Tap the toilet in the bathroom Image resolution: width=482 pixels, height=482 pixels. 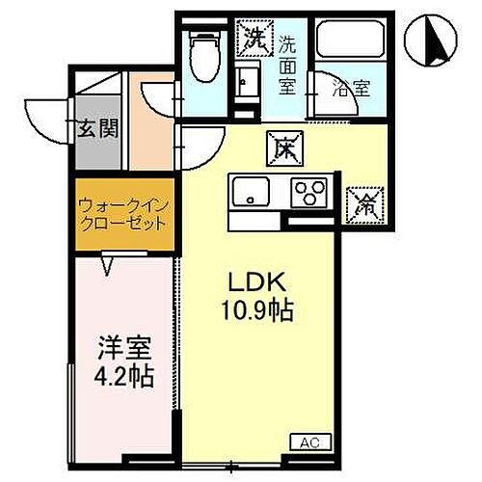[x=205, y=55]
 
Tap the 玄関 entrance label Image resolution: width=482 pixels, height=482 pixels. [x=92, y=126]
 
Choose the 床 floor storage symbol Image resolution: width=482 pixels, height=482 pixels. [x=285, y=147]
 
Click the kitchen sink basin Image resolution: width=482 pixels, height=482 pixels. [x=251, y=193]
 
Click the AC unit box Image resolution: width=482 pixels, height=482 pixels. [x=308, y=442]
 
